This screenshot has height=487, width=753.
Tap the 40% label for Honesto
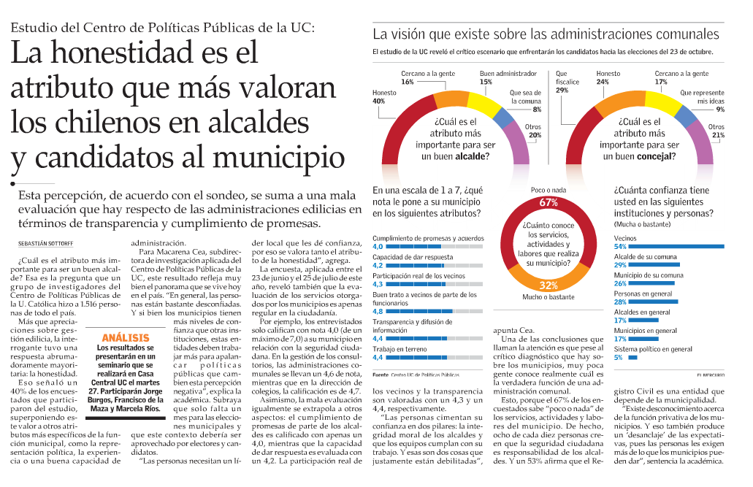pyautogui.click(x=378, y=101)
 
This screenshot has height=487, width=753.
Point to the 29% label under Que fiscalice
pyautogui.click(x=562, y=90)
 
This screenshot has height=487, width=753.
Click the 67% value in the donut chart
pyautogui.click(x=548, y=202)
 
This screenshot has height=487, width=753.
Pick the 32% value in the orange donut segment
pyautogui.click(x=548, y=285)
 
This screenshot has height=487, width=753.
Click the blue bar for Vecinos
pyautogui.click(x=676, y=246)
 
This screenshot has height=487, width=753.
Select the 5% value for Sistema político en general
pyautogui.click(x=618, y=357)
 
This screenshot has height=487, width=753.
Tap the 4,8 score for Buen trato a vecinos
pyautogui.click(x=378, y=311)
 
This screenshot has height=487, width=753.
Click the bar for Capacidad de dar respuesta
pyautogui.click(x=434, y=265)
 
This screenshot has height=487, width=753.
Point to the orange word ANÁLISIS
pyautogui.click(x=126, y=337)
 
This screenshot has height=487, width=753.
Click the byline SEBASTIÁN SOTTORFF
pyautogui.click(x=45, y=244)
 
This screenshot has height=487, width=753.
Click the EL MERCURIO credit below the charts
pyautogui.click(x=711, y=375)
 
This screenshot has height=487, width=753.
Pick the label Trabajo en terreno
pyautogui.click(x=400, y=349)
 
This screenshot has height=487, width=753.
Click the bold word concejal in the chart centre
pyautogui.click(x=657, y=156)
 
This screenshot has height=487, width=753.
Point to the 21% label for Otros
pyautogui.click(x=718, y=135)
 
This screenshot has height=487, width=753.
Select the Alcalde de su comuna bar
pyautogui.click(x=654, y=264)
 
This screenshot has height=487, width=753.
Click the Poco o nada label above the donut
pyautogui.click(x=548, y=190)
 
